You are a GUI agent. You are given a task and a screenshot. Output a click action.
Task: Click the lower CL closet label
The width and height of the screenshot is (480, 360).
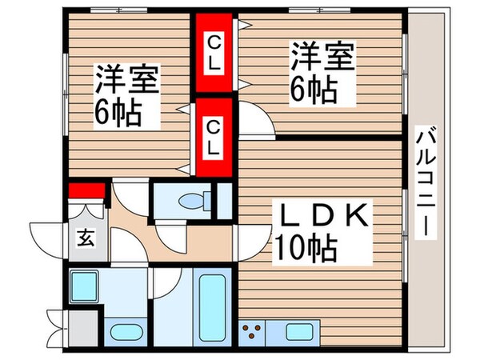coord(214,137)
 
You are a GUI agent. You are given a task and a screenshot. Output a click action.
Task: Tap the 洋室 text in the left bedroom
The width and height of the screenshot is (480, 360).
coord(128,81)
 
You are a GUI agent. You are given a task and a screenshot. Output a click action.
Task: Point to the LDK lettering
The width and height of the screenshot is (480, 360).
coord(321,216)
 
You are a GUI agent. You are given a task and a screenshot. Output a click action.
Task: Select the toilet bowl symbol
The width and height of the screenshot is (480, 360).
coord(190,200)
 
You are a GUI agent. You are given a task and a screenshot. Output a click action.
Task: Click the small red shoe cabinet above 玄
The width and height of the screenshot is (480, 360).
coord(87,190)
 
